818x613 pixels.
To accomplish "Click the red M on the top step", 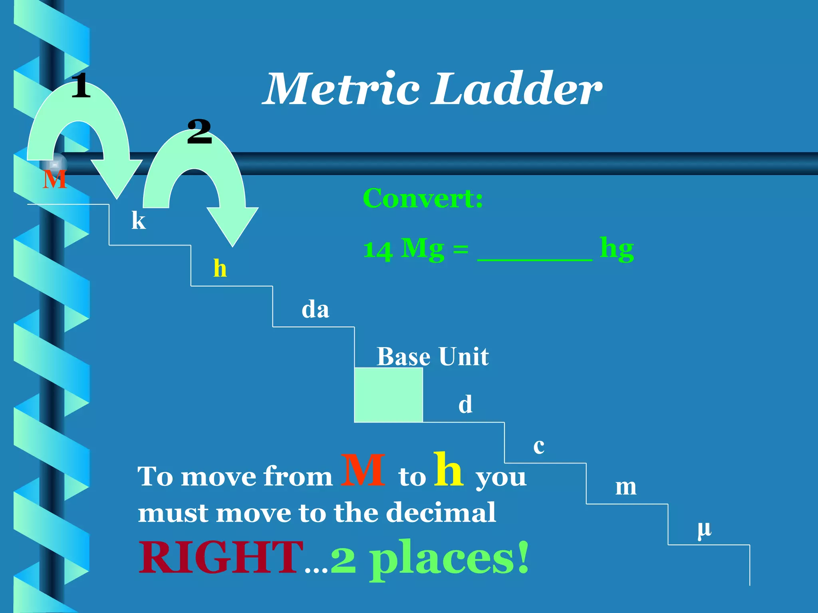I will coord(54,180).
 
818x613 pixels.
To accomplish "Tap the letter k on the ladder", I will coord(139,220).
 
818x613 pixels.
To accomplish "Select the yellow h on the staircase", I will coord(220,268).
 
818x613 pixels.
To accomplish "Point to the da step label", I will coord(315,310).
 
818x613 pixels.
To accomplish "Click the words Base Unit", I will coord(433,356).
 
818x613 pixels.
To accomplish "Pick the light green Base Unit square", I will coord(389,395).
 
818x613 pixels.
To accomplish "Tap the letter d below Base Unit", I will coord(465,404).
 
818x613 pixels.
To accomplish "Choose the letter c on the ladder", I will coord(539,446).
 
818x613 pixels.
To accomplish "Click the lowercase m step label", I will coord(626,487).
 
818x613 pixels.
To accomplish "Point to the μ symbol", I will coord(705,530).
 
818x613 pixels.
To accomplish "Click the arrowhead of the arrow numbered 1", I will coord(117,180).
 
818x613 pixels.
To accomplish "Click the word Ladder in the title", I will coord(518,89).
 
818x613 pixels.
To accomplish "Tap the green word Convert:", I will coord(423,198).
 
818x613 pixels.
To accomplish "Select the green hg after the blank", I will coord(617,249).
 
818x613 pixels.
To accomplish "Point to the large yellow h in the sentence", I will coord(449,470).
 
